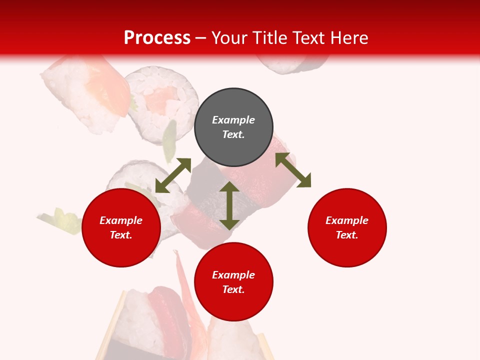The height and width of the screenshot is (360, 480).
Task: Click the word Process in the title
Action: click(x=157, y=38)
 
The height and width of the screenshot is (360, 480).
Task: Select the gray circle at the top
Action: click(x=233, y=127)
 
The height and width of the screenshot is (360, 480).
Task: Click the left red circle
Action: click(x=121, y=227)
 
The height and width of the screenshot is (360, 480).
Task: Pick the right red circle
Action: click(x=347, y=227)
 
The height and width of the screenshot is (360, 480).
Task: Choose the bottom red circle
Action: click(x=233, y=282)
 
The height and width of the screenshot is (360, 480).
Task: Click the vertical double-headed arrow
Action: click(x=229, y=205)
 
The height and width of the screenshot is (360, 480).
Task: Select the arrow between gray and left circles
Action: click(x=173, y=175)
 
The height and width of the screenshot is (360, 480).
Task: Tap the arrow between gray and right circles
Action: click(x=293, y=170)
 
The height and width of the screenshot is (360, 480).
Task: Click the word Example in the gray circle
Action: click(x=233, y=120)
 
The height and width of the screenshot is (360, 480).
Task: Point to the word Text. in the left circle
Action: click(x=121, y=235)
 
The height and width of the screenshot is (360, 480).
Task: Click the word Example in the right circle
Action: click(x=347, y=220)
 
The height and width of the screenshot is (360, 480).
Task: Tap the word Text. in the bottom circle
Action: click(x=233, y=289)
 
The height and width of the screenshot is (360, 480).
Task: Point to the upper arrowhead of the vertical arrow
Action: click(x=229, y=187)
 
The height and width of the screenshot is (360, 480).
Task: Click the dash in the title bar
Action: click(x=201, y=38)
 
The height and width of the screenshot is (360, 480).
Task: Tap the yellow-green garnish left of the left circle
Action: click(x=62, y=220)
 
